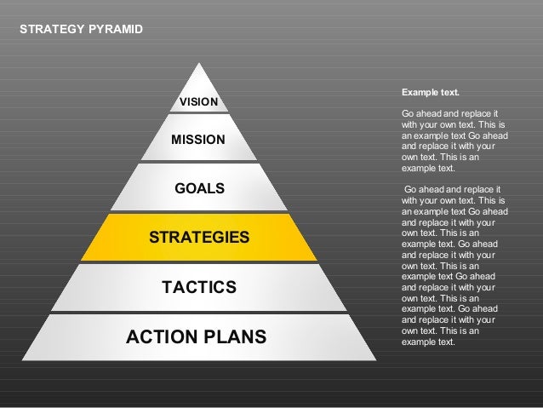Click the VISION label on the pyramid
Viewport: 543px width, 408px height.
pos(198,103)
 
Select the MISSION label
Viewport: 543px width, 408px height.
pos(198,139)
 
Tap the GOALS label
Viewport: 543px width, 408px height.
pos(199,187)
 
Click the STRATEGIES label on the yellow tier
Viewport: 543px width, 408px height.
pos(199,237)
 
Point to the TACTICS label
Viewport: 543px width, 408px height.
pos(199,288)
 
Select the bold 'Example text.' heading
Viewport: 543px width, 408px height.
pos(430,91)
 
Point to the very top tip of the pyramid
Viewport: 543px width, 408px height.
pos(199,62)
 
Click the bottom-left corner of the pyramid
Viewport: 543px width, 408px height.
pos(23,359)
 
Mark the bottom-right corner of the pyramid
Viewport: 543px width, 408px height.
pos(376,359)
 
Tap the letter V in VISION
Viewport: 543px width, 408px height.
pos(182,103)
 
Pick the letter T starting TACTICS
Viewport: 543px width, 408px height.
pos(167,288)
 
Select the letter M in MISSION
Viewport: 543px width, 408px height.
pos(176,139)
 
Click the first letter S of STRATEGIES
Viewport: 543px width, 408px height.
pos(154,237)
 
